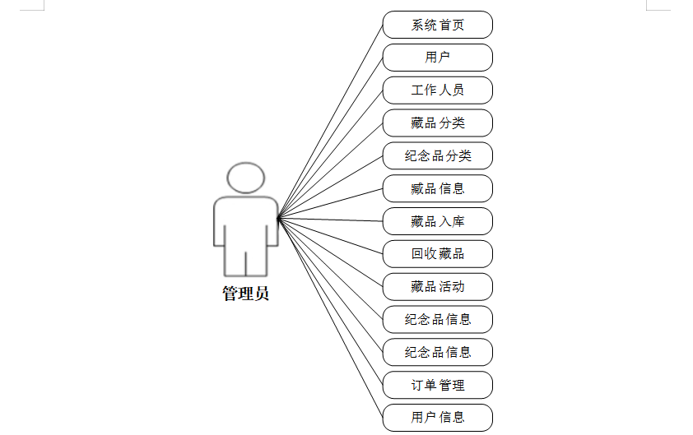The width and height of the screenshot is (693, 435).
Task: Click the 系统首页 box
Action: coord(437,25)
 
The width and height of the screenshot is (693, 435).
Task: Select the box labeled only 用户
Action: coord(437,58)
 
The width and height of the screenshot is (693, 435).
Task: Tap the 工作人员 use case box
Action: coord(437,90)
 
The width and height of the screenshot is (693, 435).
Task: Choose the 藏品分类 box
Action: coord(437,123)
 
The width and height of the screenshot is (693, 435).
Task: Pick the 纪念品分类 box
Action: coord(437,155)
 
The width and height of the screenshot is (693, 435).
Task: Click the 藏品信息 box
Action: coord(437,188)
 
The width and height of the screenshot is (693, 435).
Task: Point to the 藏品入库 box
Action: coord(437,221)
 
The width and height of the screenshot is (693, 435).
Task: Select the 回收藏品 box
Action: coord(437,253)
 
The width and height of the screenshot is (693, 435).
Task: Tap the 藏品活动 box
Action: coord(437,286)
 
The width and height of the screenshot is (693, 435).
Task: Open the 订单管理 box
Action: coord(437,385)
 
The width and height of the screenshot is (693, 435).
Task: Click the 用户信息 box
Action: coord(437,417)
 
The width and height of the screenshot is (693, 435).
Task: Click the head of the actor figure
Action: coord(245,178)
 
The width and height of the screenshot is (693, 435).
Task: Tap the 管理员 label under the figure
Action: coord(245,294)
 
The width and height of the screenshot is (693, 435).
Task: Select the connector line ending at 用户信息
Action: coord(330,317)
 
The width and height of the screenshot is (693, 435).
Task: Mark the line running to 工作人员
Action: coord(330,154)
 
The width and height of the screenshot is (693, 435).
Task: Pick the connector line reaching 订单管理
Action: coord(330,301)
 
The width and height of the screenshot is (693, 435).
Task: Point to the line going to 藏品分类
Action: coord(330,170)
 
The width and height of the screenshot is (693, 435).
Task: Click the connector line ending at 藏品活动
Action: coord(330,252)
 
